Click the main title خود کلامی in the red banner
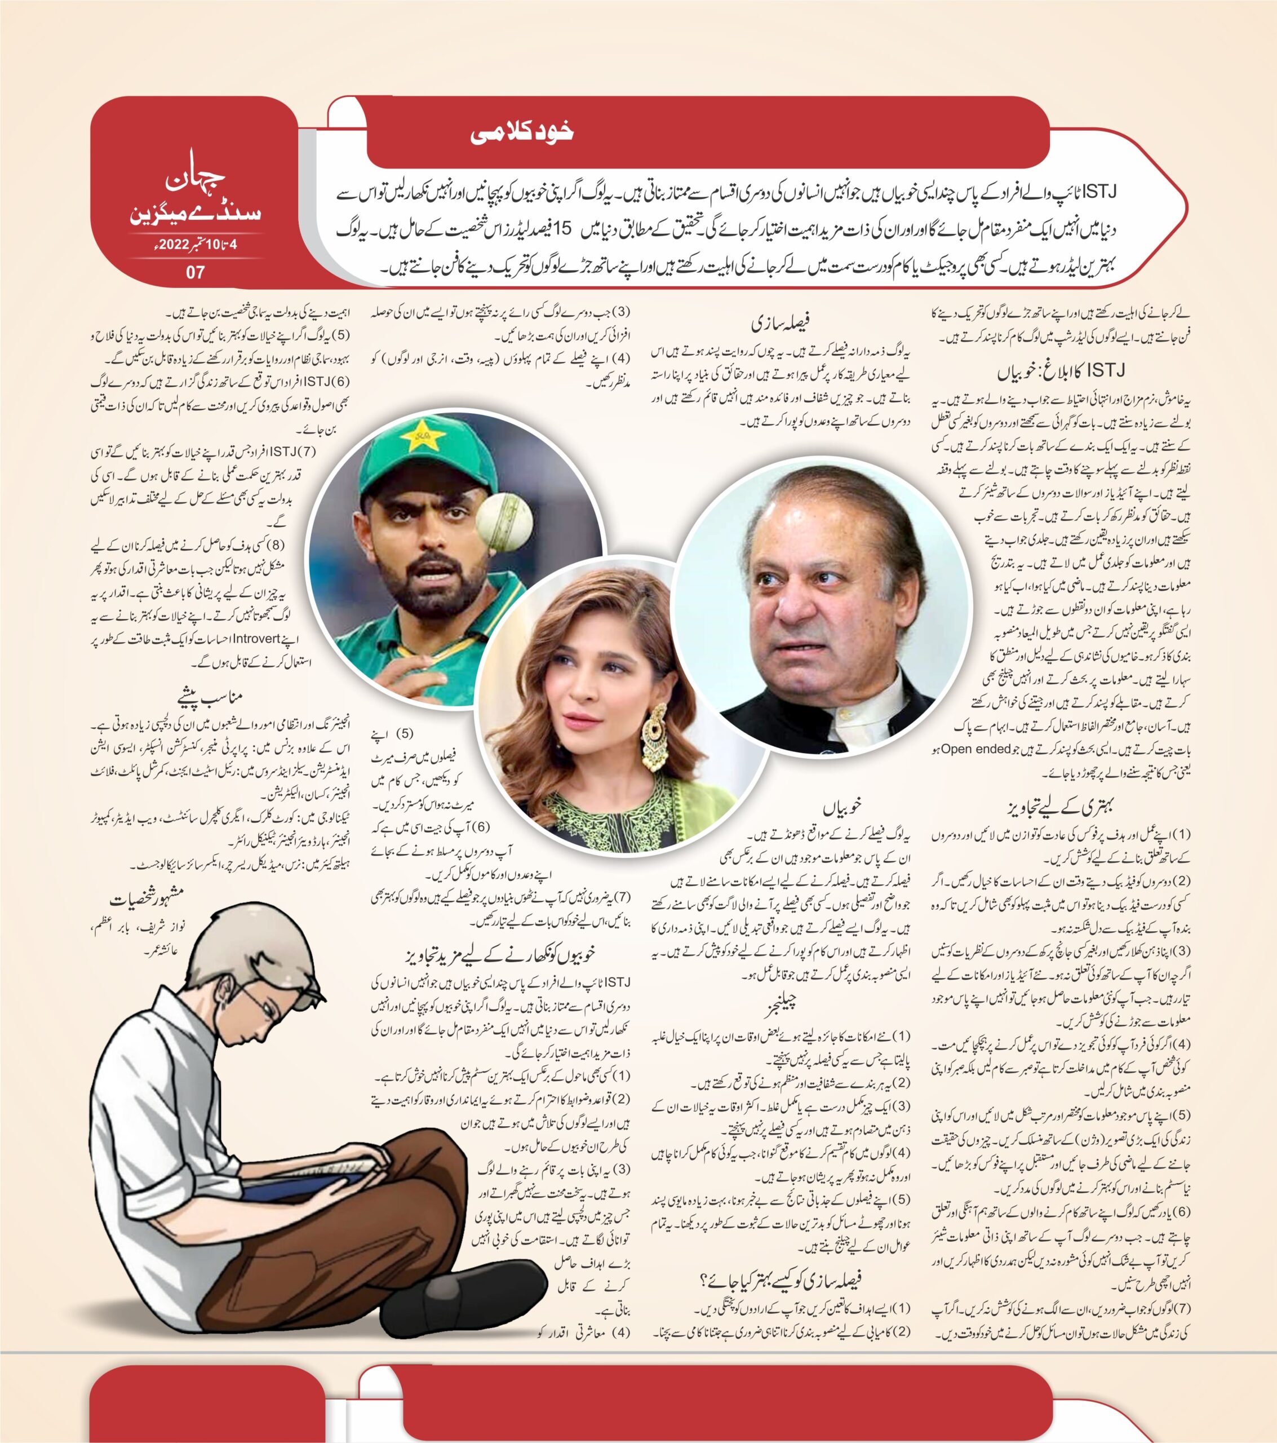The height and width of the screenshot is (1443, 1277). pyautogui.click(x=522, y=134)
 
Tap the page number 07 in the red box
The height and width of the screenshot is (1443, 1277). pyautogui.click(x=196, y=272)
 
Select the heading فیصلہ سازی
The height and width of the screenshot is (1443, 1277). pyautogui.click(x=780, y=324)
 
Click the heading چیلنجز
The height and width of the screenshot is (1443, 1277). pyautogui.click(x=779, y=1004)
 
